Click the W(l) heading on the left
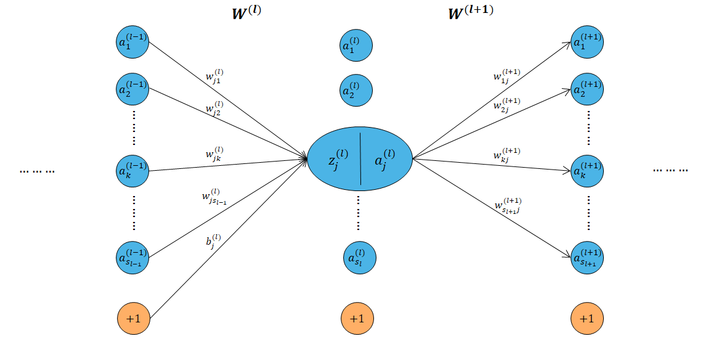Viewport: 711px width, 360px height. [x=246, y=14]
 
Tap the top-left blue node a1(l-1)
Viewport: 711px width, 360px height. [x=133, y=42]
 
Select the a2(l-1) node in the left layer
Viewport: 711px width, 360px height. [x=133, y=89]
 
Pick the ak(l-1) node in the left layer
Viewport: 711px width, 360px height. [x=133, y=171]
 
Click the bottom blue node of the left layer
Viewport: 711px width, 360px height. [x=133, y=255]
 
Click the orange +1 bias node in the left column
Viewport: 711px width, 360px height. [x=133, y=319]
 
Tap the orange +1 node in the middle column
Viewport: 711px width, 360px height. [x=357, y=319]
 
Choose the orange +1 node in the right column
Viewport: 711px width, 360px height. [x=587, y=319]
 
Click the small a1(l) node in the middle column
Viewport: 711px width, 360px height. [x=357, y=46]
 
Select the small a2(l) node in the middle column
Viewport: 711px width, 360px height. [x=357, y=91]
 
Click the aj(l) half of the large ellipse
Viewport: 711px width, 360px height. [x=385, y=160]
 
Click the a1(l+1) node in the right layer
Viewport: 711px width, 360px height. [x=587, y=42]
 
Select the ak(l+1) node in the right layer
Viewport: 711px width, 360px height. [x=587, y=171]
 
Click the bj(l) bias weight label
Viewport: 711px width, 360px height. [x=214, y=240]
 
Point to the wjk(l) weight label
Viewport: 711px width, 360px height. [x=214, y=153]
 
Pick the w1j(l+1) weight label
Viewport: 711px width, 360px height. [x=506, y=75]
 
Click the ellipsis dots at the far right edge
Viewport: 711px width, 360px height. [x=670, y=170]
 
